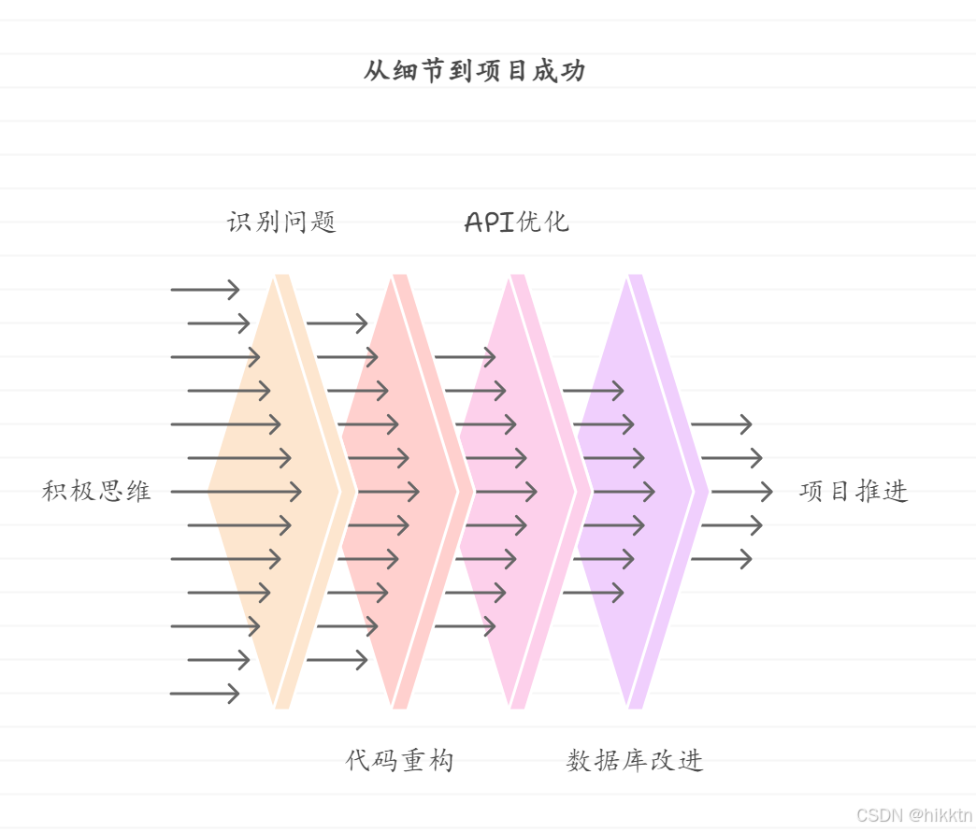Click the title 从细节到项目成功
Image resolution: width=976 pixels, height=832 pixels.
click(474, 72)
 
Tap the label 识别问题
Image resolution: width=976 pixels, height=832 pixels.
click(281, 222)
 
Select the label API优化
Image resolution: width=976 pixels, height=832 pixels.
click(516, 222)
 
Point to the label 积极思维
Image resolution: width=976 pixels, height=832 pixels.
click(96, 492)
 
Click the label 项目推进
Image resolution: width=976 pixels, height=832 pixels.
click(854, 492)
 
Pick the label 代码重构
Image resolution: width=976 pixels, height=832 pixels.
click(399, 761)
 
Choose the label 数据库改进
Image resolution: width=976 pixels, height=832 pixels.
click(635, 761)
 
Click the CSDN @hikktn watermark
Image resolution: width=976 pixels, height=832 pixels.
click(915, 815)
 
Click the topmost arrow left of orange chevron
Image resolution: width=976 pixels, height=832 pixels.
click(205, 290)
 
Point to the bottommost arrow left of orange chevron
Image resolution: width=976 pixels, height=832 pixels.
click(205, 694)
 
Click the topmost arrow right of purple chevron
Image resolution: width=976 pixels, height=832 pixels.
click(721, 424)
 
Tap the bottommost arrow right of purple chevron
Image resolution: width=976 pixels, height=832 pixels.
click(721, 559)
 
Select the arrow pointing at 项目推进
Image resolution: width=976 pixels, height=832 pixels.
click(742, 492)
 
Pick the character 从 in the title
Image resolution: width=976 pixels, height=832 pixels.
click(376, 72)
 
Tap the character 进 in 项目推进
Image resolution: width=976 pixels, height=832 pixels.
click(896, 492)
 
